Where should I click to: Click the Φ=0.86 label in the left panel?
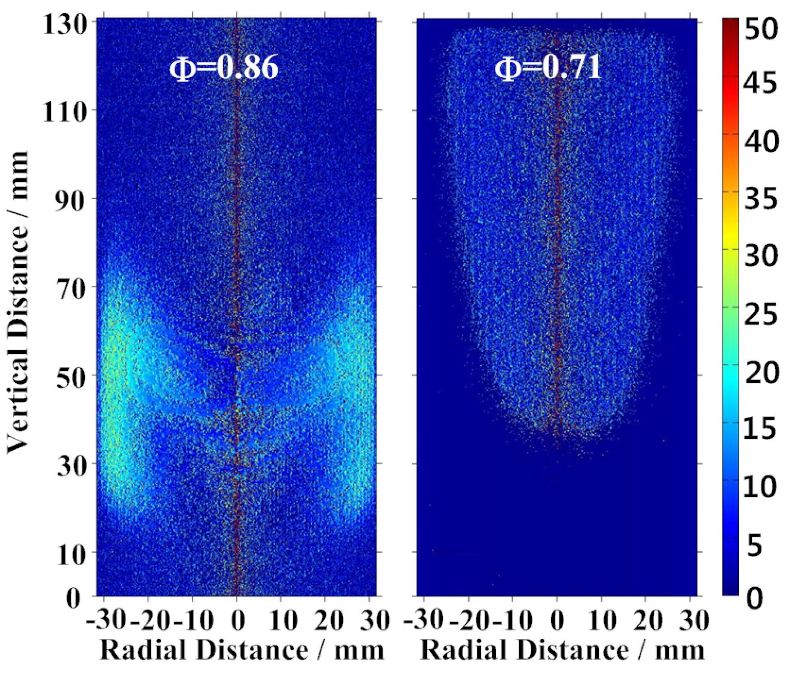[x=224, y=67]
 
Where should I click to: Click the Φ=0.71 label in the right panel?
[x=548, y=67]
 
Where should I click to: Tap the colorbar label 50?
[x=761, y=29]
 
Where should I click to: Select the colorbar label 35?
[x=761, y=198]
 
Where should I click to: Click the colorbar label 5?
[x=755, y=545]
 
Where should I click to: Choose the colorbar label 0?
[x=755, y=598]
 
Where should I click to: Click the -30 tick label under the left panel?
[x=106, y=619]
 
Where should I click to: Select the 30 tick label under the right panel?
[x=694, y=619]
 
